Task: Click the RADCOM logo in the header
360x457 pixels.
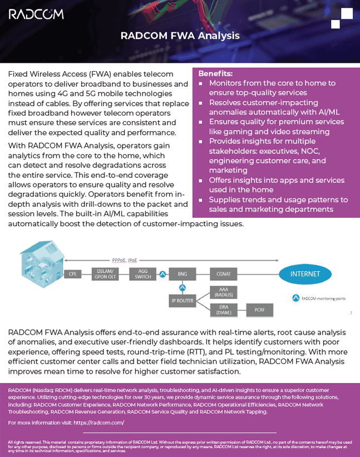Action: [x=36, y=14]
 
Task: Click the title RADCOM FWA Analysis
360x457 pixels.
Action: [x=180, y=36]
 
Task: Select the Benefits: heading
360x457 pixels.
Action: [x=215, y=73]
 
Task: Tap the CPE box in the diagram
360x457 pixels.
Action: [x=73, y=274]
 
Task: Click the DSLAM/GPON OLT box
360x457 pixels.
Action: [x=105, y=274]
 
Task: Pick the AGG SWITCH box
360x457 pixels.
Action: [x=142, y=274]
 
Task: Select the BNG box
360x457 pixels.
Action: [x=183, y=274]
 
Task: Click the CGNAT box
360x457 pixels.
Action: [x=224, y=274]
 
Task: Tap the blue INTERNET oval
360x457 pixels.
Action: [x=305, y=274]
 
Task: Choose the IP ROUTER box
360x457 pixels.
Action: [x=183, y=301]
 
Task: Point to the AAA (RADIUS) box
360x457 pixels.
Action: [x=224, y=292]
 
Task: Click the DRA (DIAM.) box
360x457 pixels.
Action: [x=224, y=310]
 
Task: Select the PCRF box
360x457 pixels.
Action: [x=260, y=310]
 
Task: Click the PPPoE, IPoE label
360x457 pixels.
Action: [x=125, y=260]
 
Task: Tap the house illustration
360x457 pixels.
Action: [x=42, y=264]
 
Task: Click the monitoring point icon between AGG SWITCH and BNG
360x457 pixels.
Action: [x=163, y=274]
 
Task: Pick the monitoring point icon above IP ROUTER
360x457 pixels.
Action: [x=183, y=288]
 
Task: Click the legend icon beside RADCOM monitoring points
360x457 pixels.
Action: [x=296, y=298]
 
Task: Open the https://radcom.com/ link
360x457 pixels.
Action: [x=99, y=423]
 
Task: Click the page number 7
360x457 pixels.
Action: [x=351, y=313]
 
